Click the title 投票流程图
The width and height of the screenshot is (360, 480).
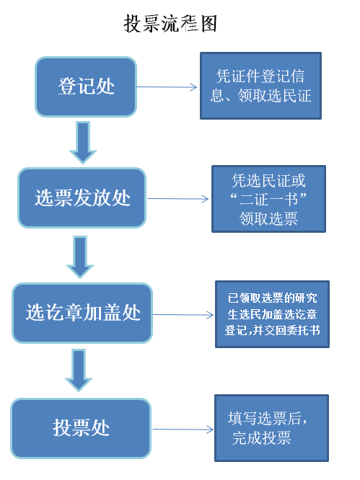point(170,24)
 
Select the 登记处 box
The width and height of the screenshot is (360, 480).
point(86,86)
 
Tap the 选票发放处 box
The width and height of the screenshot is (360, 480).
point(82,197)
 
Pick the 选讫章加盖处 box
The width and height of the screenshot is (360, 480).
point(82,313)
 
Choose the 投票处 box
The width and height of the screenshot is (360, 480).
point(81,428)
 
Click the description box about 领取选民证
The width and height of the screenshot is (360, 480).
point(260,86)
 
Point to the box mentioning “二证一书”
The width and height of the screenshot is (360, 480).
point(268,199)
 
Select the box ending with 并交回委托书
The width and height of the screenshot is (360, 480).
point(273,314)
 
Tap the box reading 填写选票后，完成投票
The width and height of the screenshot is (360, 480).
point(272,428)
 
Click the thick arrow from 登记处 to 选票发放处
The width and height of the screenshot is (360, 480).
point(83,143)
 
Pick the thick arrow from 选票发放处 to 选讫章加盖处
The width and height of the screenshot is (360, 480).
point(80,257)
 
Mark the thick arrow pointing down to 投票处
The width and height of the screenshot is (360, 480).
point(79,370)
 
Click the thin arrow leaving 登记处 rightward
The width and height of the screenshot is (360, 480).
point(167,87)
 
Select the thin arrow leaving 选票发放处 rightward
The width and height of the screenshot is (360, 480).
point(177,199)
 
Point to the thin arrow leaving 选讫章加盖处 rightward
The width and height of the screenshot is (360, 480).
point(183,314)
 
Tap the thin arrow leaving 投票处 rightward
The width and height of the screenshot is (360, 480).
point(183,429)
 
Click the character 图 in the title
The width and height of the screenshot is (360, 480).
point(209,24)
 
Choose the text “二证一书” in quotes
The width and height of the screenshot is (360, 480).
point(268,200)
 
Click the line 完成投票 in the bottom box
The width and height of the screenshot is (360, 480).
point(261,438)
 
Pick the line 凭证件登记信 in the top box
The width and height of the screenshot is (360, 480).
point(260,76)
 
